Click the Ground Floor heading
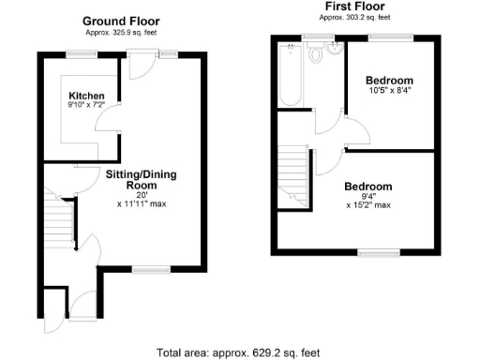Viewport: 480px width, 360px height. coord(120,21)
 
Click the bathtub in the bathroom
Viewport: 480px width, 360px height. coord(289,74)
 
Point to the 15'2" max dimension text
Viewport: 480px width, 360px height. coord(367,204)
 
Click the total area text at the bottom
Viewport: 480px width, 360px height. coord(238,352)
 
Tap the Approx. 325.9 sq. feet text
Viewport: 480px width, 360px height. coord(120,33)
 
